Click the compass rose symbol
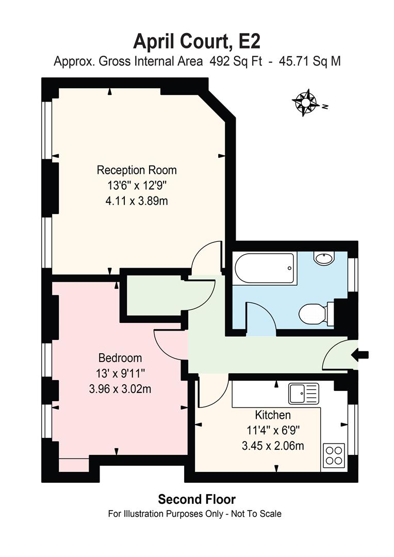click(306, 102)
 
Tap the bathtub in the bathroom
click(265, 268)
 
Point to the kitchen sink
click(304, 395)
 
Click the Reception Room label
click(137, 170)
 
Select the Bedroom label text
click(120, 358)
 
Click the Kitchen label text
click(273, 415)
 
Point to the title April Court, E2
click(196, 40)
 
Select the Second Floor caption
click(196, 499)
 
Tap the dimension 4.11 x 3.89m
click(137, 201)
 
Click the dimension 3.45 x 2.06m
click(273, 445)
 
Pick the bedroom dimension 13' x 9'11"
click(120, 373)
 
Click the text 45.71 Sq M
click(309, 61)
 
